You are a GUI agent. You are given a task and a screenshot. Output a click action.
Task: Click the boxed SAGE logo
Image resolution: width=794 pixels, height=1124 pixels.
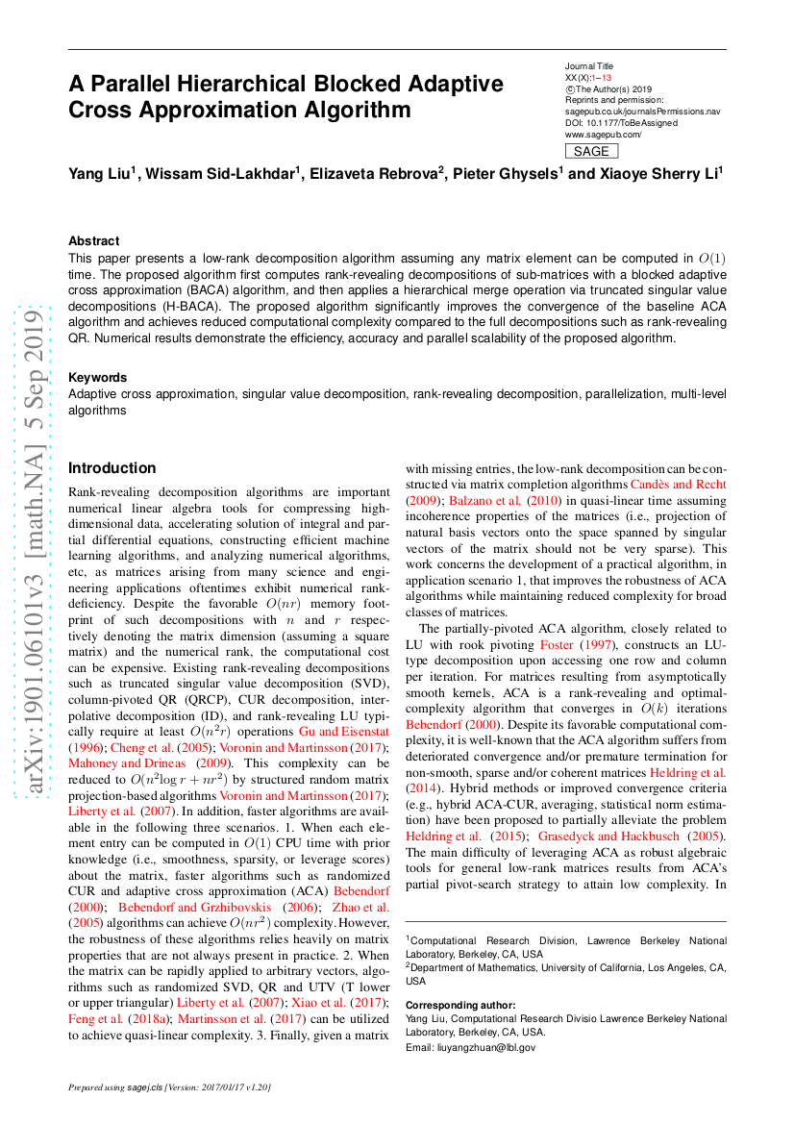pyautogui.click(x=591, y=151)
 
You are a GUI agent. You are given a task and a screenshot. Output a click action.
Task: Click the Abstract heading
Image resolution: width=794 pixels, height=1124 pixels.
pyautogui.click(x=94, y=241)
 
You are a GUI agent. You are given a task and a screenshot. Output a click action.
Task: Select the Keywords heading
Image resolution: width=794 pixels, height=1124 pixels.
pyautogui.click(x=97, y=378)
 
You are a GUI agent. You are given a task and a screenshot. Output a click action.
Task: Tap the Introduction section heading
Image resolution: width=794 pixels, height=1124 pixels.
pyautogui.click(x=112, y=468)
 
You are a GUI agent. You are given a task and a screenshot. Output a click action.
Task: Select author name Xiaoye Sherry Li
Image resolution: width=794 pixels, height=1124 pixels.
pyautogui.click(x=658, y=174)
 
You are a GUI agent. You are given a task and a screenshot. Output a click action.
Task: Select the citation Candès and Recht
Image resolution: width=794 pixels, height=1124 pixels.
pyautogui.click(x=678, y=484)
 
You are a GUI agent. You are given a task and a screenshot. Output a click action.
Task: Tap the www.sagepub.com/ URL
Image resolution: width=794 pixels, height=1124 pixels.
pyautogui.click(x=603, y=135)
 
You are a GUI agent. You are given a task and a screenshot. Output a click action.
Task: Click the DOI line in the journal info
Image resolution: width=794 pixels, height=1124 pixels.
pyautogui.click(x=621, y=123)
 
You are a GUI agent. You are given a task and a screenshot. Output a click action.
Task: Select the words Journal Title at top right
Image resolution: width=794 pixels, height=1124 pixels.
pyautogui.click(x=589, y=65)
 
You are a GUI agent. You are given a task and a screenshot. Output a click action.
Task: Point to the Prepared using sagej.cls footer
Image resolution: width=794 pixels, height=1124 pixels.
pyautogui.click(x=169, y=1087)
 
